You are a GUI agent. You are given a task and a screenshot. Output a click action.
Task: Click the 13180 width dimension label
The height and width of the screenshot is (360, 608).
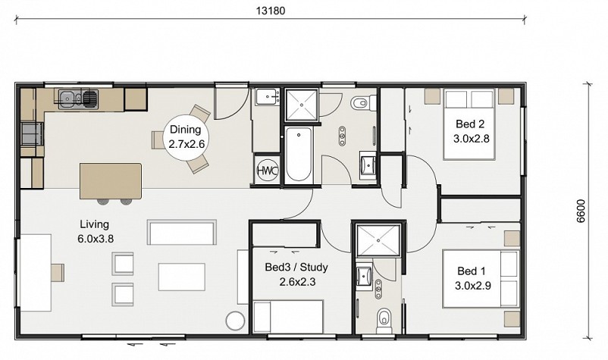271,11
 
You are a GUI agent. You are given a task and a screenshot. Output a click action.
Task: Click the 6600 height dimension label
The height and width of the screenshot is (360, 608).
581,211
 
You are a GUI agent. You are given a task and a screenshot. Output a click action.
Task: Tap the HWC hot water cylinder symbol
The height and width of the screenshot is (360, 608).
268,171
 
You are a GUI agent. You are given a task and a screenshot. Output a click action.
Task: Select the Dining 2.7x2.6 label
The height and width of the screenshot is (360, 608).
186,137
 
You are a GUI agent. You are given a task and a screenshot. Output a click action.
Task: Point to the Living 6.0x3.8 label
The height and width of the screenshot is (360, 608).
96,231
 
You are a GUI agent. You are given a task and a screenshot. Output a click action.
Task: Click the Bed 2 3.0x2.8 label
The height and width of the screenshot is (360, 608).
471,131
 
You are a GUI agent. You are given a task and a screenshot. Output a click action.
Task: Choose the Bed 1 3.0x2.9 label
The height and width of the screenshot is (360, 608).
472,278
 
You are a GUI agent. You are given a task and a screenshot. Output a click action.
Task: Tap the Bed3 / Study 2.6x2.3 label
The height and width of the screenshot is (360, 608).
296,274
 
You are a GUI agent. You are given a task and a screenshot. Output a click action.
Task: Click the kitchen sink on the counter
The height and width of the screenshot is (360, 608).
79,98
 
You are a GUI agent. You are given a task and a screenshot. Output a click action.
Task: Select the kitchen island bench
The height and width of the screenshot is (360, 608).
111,181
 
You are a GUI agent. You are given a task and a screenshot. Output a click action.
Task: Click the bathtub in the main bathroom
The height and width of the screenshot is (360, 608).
298,155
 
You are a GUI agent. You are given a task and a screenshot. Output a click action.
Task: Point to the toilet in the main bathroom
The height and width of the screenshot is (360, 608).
363,102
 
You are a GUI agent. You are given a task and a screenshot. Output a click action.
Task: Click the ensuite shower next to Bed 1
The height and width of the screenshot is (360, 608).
378,240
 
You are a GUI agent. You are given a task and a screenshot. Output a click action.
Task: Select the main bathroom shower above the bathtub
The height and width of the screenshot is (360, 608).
301,105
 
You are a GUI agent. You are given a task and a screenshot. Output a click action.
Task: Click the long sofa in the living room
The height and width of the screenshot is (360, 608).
181,232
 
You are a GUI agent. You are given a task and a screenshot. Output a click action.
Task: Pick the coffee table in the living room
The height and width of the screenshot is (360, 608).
181,277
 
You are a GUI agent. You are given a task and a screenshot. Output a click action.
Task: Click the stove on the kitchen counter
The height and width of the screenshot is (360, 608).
33,133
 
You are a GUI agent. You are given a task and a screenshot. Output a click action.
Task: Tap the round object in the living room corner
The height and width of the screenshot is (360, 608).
235,321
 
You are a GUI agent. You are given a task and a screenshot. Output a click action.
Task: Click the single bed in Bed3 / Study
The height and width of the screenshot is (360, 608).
288,316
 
